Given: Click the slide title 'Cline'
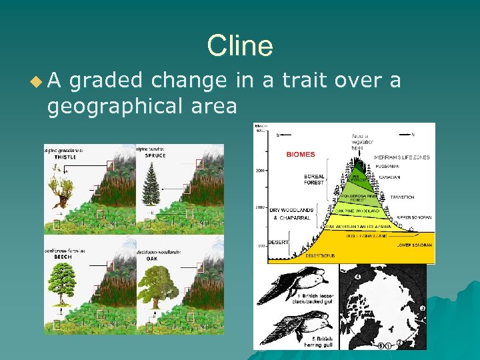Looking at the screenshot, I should [239, 47].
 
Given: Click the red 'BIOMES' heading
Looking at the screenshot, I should [300, 155].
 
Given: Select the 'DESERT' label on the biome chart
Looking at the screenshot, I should [278, 241].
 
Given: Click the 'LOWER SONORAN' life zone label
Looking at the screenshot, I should [413, 245].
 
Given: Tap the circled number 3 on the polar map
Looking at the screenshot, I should [422, 309].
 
